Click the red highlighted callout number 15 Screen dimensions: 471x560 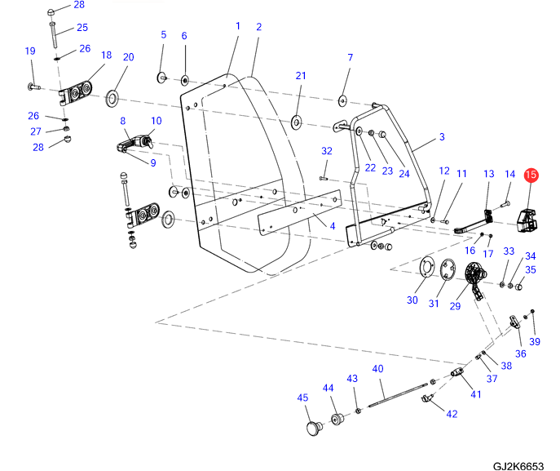coord(531,175)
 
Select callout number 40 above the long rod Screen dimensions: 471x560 coord(377,369)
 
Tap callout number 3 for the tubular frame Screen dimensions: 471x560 coord(442,137)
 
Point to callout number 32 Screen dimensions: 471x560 coord(327,151)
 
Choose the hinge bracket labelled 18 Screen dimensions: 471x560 coord(77,92)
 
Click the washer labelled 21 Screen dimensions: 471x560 coord(295,123)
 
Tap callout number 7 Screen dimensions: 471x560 coord(351,58)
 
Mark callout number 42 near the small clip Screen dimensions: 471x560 coord(452,414)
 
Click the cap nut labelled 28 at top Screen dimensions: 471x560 coord(51,11)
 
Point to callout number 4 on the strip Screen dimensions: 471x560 coord(332,224)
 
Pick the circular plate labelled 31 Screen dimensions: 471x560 coord(447,270)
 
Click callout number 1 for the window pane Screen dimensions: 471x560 coord(238,26)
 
